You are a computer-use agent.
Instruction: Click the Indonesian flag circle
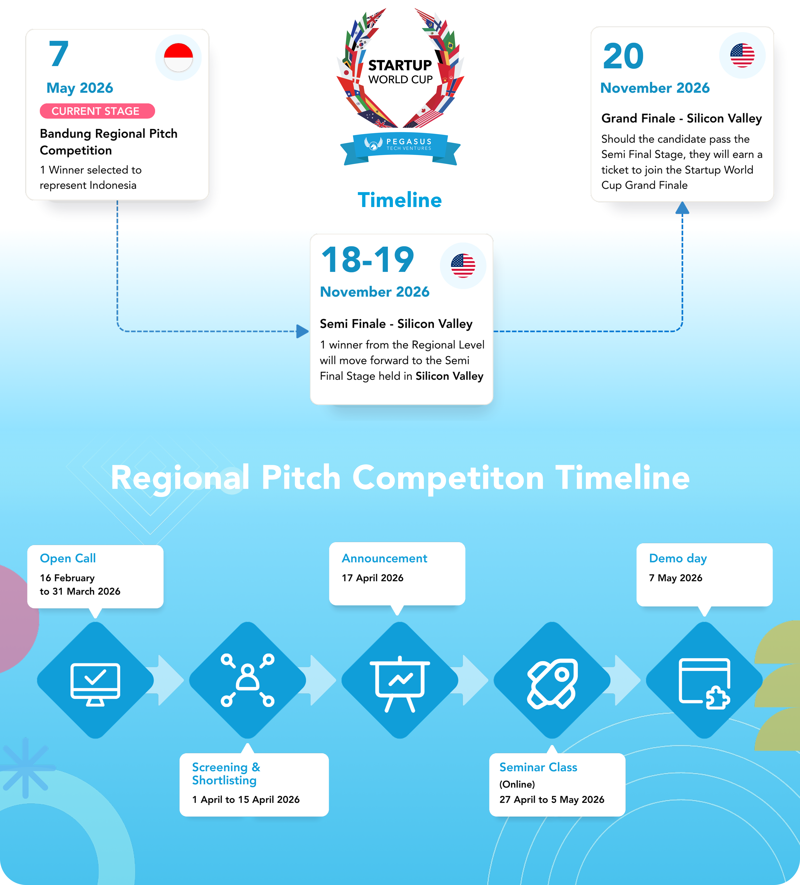pos(179,58)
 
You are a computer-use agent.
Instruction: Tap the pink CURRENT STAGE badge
pos(97,111)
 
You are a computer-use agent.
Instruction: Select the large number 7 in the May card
pos(59,54)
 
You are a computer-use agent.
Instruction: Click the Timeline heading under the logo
pos(400,200)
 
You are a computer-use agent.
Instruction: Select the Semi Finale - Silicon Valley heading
pos(396,324)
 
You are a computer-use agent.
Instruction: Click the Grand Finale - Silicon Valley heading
pos(682,119)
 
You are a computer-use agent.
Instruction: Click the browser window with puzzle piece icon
pos(704,684)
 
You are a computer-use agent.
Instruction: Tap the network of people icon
pos(247,680)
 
